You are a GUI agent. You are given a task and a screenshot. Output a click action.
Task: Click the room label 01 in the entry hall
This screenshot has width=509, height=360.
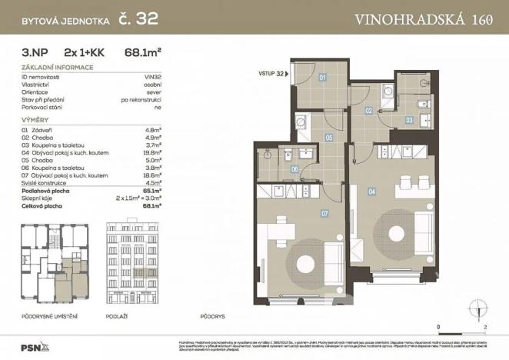323,78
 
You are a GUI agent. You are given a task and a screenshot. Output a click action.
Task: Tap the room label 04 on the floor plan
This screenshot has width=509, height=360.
371,192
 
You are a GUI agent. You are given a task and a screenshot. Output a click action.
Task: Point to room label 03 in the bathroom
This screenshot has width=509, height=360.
410,120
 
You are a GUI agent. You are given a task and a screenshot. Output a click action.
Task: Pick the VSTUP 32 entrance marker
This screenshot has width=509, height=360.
274,75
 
